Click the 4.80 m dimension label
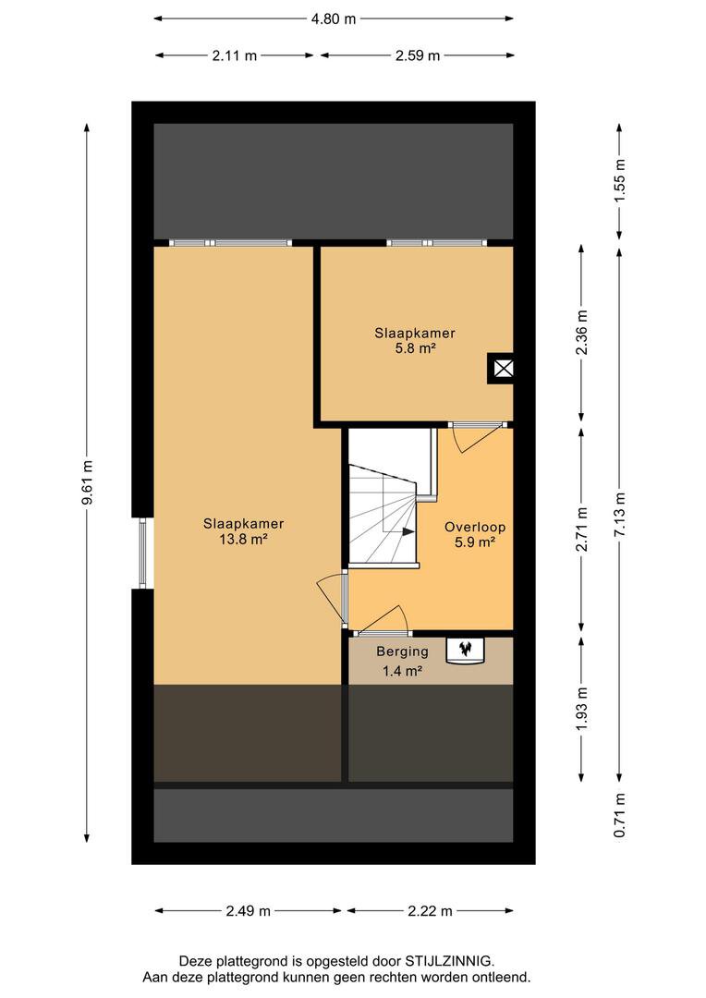coord(333,19)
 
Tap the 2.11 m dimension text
coord(235,55)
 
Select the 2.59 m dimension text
coord(417,55)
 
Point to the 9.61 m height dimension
coord(88,481)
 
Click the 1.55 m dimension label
coord(619,180)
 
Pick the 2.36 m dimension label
coord(581,333)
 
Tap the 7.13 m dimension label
coord(619,515)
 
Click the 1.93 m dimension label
coord(581,709)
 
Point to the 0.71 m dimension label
coord(619,816)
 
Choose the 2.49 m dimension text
coord(248,911)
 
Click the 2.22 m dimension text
coord(430,911)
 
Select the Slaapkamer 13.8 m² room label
coord(243,531)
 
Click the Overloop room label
coord(475,527)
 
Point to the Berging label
coord(402,651)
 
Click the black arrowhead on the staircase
coord(408,531)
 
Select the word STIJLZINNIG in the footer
coord(448,961)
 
